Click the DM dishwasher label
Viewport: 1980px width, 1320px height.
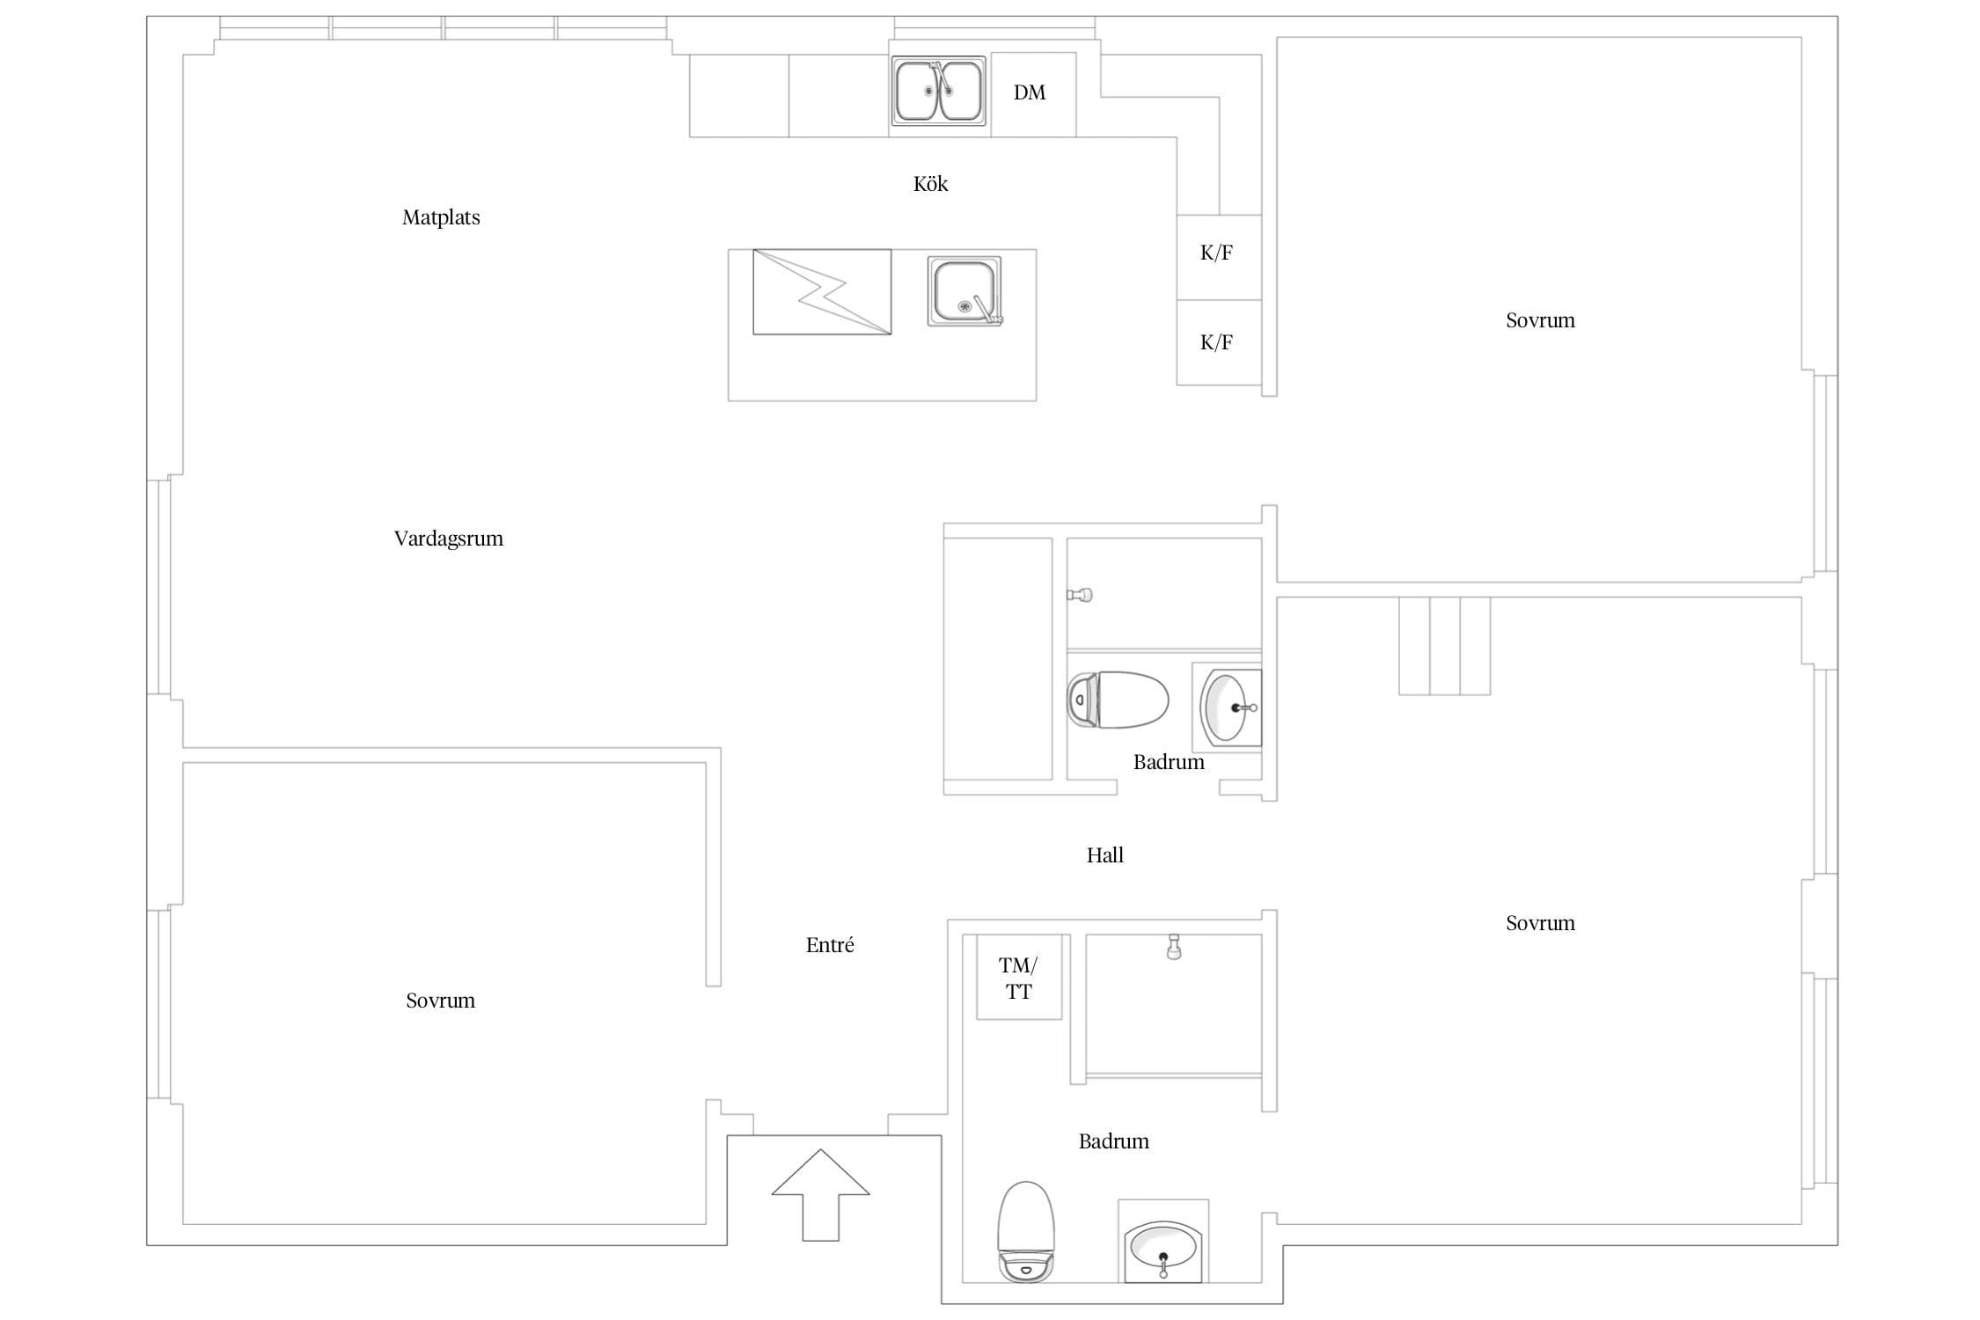click(x=1029, y=92)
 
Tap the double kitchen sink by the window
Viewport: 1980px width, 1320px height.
click(x=938, y=91)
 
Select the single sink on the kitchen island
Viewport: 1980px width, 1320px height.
click(x=964, y=290)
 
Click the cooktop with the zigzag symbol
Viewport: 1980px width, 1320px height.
click(x=822, y=291)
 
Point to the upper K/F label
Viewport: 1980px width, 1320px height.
click(x=1216, y=253)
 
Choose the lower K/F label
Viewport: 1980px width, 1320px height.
click(x=1216, y=342)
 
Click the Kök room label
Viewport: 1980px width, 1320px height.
click(x=930, y=184)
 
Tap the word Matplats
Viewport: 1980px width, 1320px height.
click(x=441, y=217)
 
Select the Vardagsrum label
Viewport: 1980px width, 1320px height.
click(x=449, y=539)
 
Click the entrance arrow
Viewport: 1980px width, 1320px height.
click(x=821, y=1194)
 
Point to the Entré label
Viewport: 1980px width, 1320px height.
click(x=830, y=945)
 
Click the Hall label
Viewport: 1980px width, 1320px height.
click(x=1105, y=855)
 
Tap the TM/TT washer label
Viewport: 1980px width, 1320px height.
click(x=1018, y=979)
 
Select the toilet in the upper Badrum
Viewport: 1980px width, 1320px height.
click(x=1118, y=700)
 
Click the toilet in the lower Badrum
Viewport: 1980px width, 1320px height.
click(x=1026, y=1231)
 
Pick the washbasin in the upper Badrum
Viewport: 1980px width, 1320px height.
click(x=1230, y=707)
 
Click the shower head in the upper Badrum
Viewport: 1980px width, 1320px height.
click(x=1080, y=595)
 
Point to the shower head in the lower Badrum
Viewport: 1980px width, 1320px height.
click(x=1173, y=947)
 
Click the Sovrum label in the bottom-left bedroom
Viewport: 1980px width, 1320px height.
click(x=440, y=1001)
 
